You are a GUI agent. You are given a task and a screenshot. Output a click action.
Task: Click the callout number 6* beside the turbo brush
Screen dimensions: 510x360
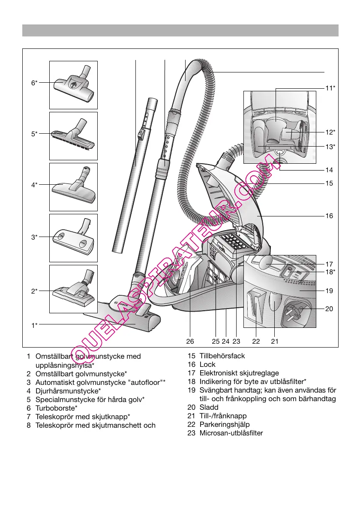tap(34, 83)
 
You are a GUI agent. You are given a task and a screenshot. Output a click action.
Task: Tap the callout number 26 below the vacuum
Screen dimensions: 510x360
tap(190, 342)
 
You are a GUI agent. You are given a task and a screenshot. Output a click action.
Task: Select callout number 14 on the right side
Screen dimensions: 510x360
tap(329, 170)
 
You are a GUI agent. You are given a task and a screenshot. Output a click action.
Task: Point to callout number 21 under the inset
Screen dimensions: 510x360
tap(275, 342)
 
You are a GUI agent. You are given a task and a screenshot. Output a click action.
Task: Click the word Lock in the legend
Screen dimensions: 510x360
tap(207, 364)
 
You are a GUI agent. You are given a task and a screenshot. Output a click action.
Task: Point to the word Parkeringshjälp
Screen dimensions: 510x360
tap(223, 424)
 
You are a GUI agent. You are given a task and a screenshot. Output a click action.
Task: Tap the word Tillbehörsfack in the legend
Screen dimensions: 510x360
tap(222, 356)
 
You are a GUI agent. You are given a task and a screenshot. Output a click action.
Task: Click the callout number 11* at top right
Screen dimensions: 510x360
tap(330, 88)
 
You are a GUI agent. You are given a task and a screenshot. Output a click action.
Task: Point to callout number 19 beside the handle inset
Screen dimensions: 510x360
tap(329, 291)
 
